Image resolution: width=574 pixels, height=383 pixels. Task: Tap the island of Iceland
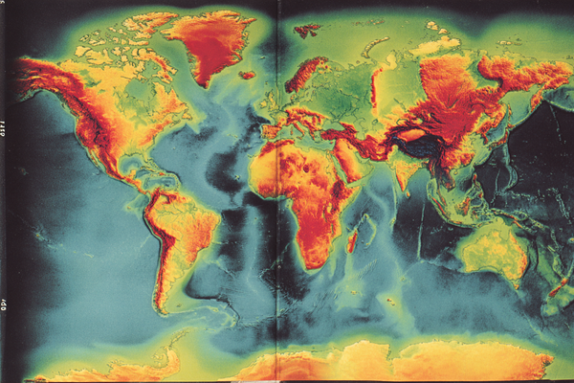[248, 75]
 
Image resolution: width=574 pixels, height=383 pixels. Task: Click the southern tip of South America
[165, 308]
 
